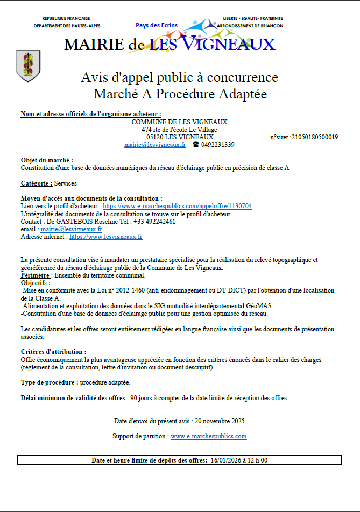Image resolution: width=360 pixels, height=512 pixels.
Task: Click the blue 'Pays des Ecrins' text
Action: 157,25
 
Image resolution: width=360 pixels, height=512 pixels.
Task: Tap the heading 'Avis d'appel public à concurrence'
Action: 179,77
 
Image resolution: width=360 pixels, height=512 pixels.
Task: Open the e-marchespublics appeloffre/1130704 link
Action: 177,206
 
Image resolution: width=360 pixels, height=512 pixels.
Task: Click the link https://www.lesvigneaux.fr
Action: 106,236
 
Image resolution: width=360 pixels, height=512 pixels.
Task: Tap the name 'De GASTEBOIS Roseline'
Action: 80,221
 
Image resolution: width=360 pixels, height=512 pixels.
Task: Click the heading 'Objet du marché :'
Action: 47,160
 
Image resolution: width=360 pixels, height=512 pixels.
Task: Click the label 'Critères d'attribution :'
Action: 53,351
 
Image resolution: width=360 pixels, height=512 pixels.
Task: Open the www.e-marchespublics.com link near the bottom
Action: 208,436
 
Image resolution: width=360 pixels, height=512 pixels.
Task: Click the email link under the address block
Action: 155,145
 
